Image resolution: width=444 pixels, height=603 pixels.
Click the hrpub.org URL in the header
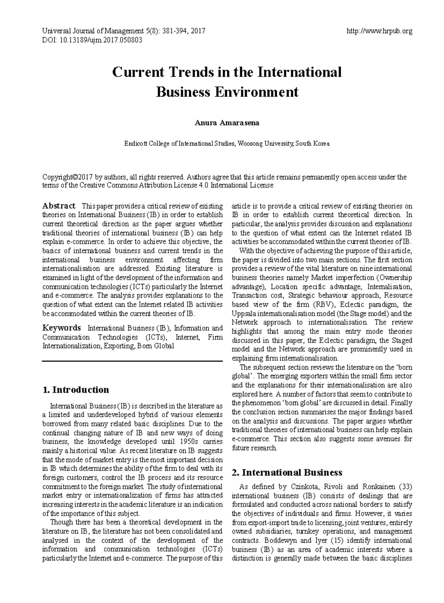point(379,31)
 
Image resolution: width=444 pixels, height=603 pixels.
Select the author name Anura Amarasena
point(227,123)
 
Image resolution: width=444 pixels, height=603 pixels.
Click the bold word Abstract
point(59,206)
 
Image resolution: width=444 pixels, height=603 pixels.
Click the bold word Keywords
point(61,328)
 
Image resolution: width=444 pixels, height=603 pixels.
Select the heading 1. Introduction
point(76,390)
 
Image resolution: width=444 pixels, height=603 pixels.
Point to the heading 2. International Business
point(287,472)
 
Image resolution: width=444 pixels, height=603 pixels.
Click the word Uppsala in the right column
point(243,313)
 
